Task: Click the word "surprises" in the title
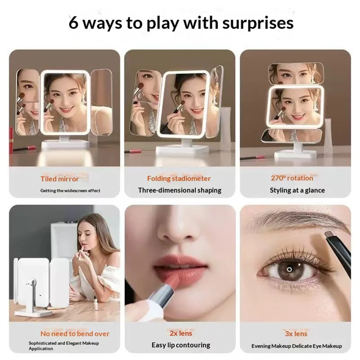tap(258, 23)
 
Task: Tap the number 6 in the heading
tap(73, 22)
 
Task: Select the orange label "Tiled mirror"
tap(60, 179)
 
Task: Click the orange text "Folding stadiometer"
tap(179, 179)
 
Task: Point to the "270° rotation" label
tap(292, 178)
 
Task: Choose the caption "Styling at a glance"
tap(297, 190)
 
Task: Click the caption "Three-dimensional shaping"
tap(180, 190)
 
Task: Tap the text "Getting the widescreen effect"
tap(70, 190)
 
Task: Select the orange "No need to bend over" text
tap(75, 333)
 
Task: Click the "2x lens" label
tap(181, 333)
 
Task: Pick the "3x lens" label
tap(296, 333)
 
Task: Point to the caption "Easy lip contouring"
tap(181, 345)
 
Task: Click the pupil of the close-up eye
tap(289, 269)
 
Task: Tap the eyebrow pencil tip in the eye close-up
tap(328, 235)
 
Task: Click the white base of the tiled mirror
tap(66, 144)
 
